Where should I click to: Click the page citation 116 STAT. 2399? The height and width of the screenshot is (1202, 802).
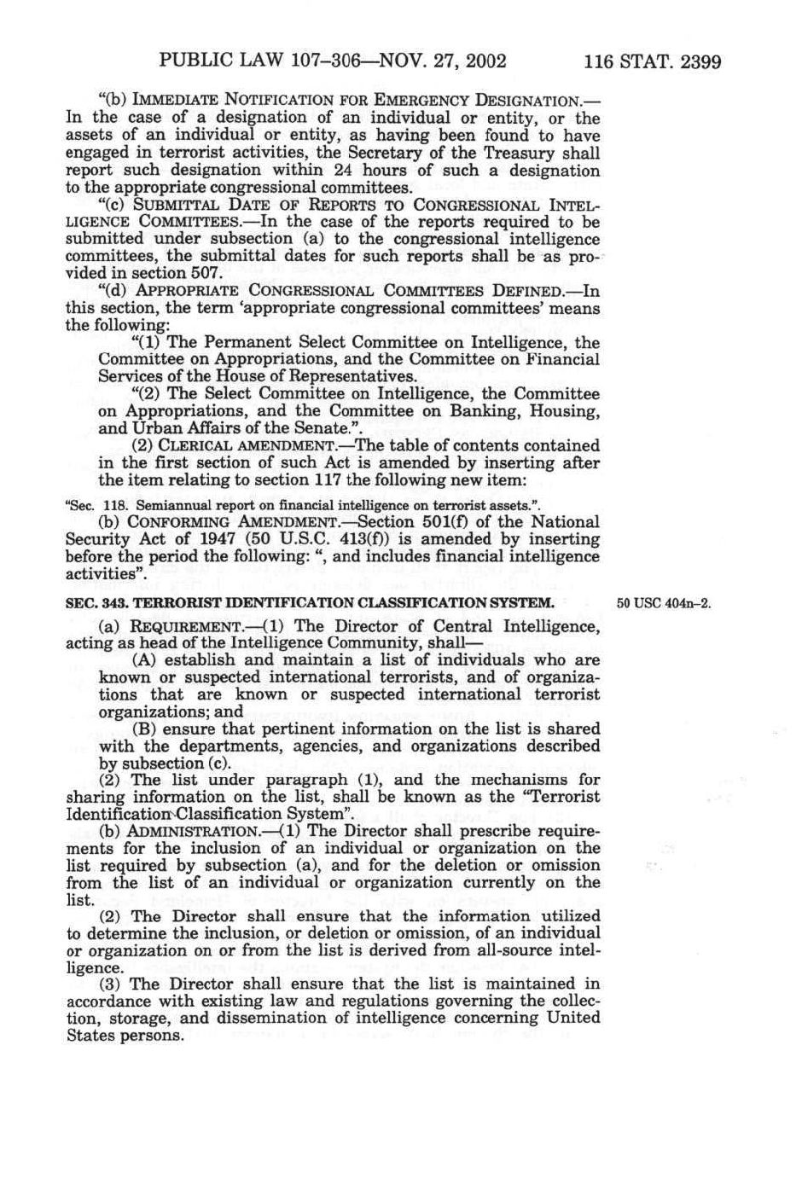pyautogui.click(x=654, y=61)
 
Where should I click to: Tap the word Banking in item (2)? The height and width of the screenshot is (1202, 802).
pyautogui.click(x=486, y=411)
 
